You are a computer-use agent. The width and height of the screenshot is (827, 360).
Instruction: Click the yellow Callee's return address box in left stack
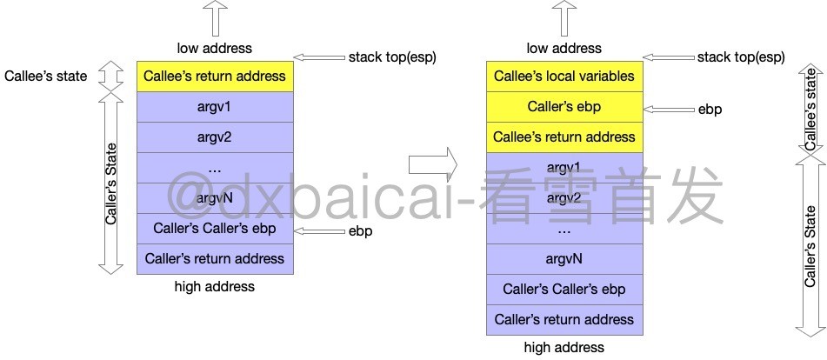[x=215, y=77]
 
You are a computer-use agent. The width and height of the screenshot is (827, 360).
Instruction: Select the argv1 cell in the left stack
[x=215, y=107]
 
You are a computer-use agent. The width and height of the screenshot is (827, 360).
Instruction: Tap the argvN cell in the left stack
[x=215, y=198]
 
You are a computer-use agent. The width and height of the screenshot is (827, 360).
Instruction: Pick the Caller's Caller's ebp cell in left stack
[x=215, y=229]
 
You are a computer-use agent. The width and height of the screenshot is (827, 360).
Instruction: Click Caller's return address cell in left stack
[x=215, y=259]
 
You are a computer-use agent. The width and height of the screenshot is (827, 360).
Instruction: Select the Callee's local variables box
[x=564, y=77]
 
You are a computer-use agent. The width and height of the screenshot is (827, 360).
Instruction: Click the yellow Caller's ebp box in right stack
[x=564, y=107]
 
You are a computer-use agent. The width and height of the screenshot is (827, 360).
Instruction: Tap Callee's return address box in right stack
[x=564, y=137]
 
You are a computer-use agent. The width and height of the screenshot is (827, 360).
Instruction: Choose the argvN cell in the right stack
[x=564, y=259]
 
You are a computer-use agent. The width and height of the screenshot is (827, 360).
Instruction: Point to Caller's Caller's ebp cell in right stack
[x=564, y=290]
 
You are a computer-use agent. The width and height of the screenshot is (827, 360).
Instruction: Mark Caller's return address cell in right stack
[x=564, y=320]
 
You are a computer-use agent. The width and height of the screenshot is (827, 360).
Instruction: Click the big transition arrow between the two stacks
[x=432, y=162]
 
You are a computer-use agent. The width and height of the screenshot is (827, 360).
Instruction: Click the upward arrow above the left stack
[x=214, y=17]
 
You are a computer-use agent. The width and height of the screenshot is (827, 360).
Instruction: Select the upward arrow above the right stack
[x=564, y=17]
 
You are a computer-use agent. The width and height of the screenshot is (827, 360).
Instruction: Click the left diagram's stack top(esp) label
[x=392, y=57]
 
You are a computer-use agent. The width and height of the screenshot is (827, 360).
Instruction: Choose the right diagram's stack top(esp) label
[x=741, y=57]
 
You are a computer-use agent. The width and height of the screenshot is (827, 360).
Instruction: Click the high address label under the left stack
[x=215, y=287]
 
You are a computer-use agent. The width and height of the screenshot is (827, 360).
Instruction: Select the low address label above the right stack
[x=564, y=48]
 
